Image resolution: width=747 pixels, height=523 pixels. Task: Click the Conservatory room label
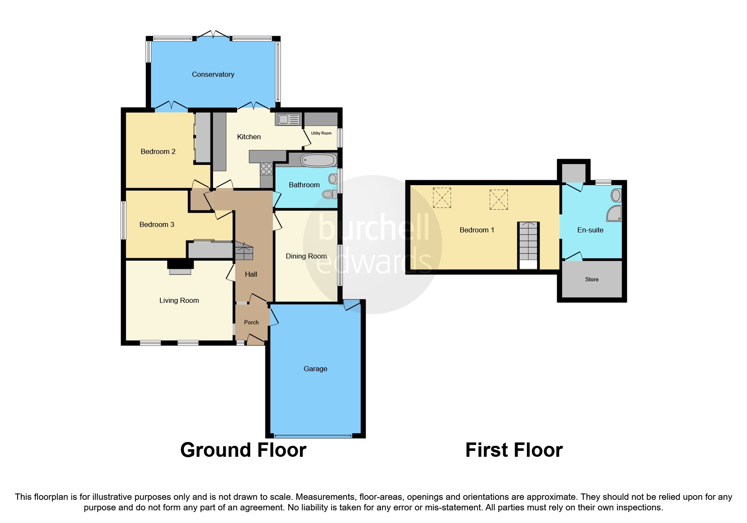click(x=213, y=74)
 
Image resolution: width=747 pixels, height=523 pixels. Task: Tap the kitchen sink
click(x=288, y=119)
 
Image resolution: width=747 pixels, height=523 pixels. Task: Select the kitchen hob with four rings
click(x=266, y=169)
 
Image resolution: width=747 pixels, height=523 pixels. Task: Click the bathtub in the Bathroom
click(x=318, y=160)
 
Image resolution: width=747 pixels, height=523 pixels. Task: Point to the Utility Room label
click(x=321, y=133)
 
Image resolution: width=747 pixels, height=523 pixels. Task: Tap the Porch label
click(x=251, y=322)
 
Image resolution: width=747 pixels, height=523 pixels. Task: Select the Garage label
click(x=315, y=369)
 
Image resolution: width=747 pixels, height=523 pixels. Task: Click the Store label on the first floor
click(x=592, y=279)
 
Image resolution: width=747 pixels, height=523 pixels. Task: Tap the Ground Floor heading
click(x=243, y=450)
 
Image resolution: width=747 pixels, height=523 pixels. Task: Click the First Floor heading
click(x=514, y=450)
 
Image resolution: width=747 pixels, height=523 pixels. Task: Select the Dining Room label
click(x=306, y=256)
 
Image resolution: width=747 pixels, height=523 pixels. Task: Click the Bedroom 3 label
click(x=156, y=224)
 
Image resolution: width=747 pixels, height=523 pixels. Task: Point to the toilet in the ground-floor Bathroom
click(x=329, y=194)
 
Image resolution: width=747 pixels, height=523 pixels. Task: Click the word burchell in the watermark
click(x=374, y=227)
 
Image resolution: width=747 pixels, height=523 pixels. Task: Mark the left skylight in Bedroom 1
click(x=442, y=198)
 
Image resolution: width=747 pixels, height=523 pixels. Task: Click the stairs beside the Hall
click(x=244, y=251)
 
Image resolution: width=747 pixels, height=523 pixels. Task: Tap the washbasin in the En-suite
click(x=616, y=195)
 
